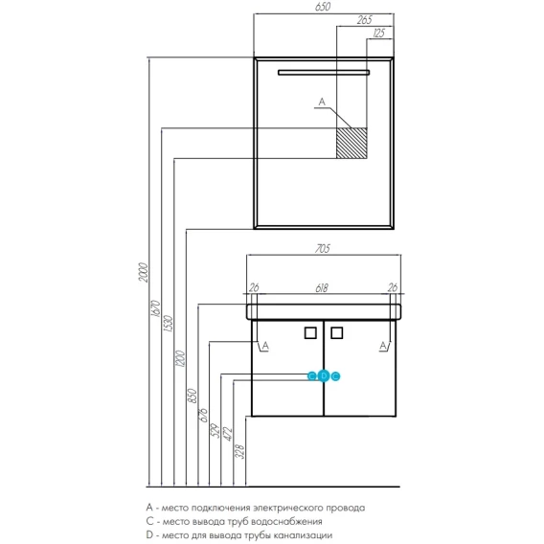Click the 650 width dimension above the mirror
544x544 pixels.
(x=323, y=7)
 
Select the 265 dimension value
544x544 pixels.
(x=365, y=20)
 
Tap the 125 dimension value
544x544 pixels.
(x=379, y=34)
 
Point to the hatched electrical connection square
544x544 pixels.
(x=351, y=143)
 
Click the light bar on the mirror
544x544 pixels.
(x=324, y=73)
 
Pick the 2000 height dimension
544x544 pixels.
(x=144, y=273)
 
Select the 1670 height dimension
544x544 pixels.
(x=156, y=308)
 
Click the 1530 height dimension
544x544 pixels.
(x=169, y=324)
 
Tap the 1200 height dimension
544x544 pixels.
(x=181, y=358)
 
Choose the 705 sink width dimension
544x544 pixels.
(x=323, y=249)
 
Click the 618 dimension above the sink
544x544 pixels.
(x=322, y=288)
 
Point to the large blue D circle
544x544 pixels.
(x=324, y=375)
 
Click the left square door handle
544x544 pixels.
(x=310, y=333)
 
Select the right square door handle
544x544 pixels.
(x=337, y=333)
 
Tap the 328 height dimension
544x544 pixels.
(x=240, y=452)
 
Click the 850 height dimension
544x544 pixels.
(x=193, y=396)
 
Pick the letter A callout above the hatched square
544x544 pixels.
(x=322, y=102)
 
